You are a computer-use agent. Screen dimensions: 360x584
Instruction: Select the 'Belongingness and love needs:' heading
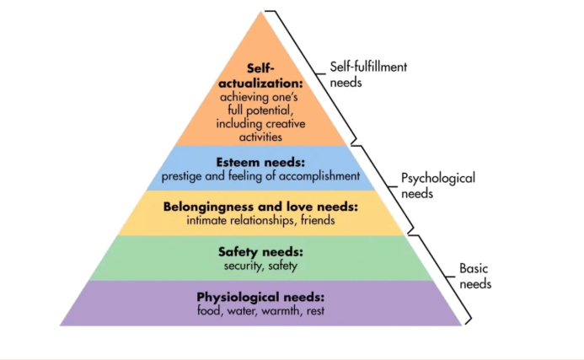point(260,207)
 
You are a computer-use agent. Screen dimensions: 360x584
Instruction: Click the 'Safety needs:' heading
point(260,252)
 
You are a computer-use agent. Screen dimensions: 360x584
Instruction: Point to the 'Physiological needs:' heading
point(260,297)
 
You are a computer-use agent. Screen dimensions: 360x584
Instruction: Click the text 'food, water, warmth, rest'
point(260,311)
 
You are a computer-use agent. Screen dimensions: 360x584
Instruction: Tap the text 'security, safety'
point(260,266)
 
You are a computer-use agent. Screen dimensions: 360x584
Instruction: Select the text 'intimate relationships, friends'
point(260,221)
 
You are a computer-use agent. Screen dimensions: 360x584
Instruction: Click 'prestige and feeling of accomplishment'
point(260,177)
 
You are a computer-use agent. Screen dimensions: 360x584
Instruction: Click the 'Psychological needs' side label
point(438,185)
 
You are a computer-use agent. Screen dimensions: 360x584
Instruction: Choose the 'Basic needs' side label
point(475,276)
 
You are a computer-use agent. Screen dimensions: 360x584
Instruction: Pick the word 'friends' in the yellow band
point(316,221)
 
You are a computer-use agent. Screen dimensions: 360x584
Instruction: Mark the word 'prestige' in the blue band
point(181,177)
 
